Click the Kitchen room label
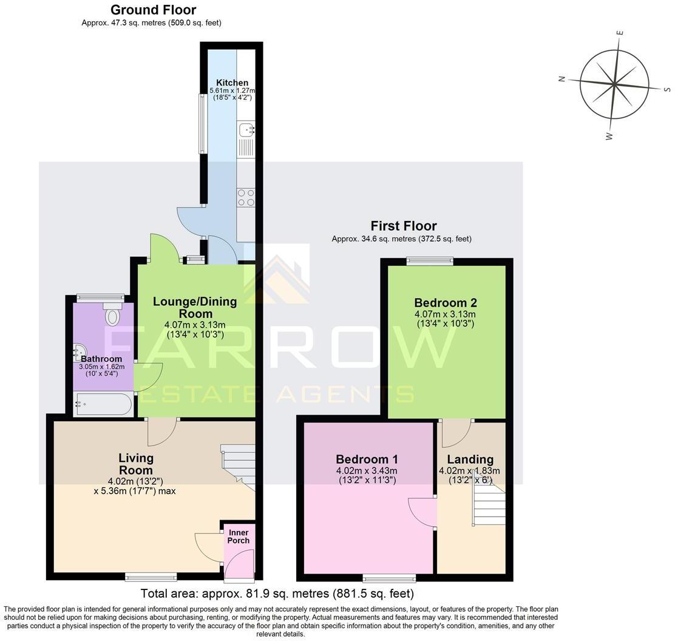[232, 83]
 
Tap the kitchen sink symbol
[246, 129]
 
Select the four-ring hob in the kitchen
[246, 198]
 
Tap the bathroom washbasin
[80, 350]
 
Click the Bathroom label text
[101, 359]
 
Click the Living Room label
[136, 464]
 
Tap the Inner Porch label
[239, 537]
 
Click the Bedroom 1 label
[367, 459]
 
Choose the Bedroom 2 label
[446, 302]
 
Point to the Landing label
[470, 459]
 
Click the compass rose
[614, 84]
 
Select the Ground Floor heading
[153, 10]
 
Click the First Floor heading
[404, 226]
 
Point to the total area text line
[277, 593]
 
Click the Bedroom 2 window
[430, 261]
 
